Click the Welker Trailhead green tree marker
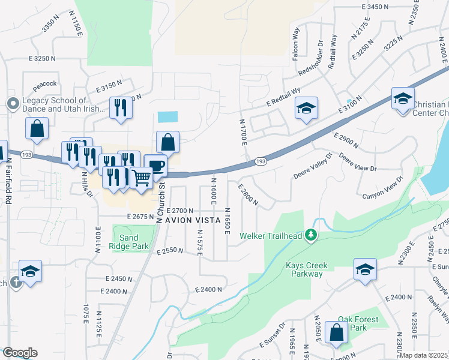(311, 234)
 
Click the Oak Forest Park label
(358, 323)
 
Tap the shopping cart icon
(141, 177)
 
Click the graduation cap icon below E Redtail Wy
(306, 108)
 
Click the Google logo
(20, 353)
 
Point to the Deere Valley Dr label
(313, 165)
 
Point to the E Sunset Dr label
(273, 336)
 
